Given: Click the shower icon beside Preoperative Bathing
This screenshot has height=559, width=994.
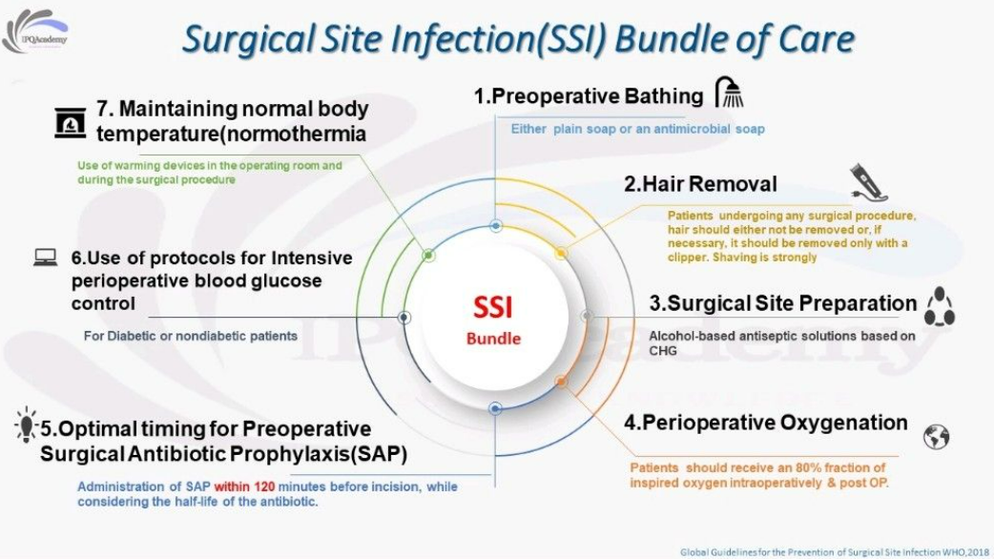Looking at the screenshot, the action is tap(729, 93).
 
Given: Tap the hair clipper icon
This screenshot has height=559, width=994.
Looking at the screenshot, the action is tap(869, 182).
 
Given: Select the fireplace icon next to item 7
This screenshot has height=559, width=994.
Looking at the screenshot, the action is tap(70, 123).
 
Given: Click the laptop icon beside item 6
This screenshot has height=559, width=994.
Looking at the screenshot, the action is tap(46, 258).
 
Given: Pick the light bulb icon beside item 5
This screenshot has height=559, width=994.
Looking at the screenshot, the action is tap(26, 425).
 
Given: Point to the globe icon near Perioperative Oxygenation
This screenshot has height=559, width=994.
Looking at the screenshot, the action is tap(937, 437).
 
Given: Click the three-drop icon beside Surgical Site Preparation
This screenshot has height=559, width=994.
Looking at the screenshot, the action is tap(940, 307).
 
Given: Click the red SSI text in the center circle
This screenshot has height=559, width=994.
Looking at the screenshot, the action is tap(493, 308).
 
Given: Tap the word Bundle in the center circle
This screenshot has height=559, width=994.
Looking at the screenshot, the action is tap(493, 339).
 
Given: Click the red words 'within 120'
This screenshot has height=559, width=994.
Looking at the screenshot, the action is tap(245, 487).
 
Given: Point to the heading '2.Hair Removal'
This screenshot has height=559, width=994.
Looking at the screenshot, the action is tap(700, 184).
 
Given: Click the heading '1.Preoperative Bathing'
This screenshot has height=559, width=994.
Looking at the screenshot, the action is tap(589, 96).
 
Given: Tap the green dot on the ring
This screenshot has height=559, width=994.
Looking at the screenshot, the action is tap(428, 256).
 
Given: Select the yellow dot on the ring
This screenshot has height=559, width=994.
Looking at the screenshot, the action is tap(561, 254).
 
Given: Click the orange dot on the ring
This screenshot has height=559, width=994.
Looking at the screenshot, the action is tap(561, 382).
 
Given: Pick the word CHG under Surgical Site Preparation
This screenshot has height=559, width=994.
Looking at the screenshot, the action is tap(662, 350).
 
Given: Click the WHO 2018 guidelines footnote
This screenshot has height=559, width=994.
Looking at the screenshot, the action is tap(835, 552).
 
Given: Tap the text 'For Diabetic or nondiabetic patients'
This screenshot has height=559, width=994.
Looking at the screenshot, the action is tap(190, 336).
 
